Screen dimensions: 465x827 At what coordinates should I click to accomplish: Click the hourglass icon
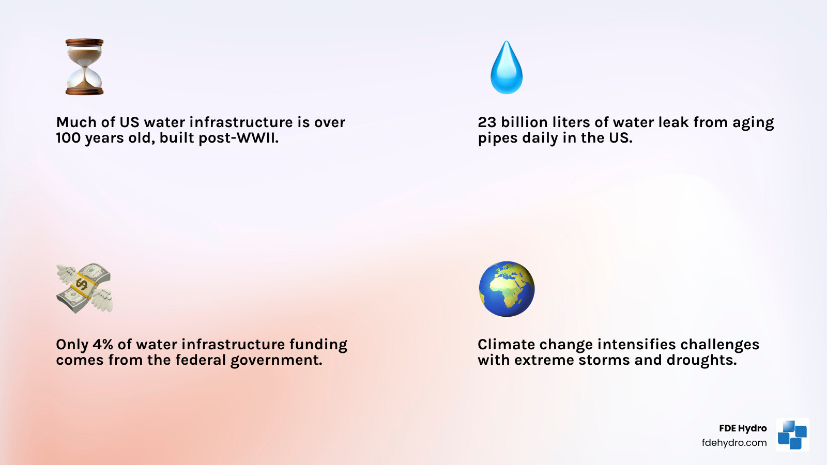[84, 67]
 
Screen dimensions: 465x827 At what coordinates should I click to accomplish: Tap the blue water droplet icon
[507, 68]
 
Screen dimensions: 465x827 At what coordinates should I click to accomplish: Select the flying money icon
[84, 288]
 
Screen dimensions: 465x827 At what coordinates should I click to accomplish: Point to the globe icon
[507, 289]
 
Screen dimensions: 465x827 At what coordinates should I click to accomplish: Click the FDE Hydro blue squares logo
[792, 435]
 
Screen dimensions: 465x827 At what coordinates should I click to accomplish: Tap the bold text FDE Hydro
[743, 428]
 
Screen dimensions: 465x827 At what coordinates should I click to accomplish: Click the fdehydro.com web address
[734, 443]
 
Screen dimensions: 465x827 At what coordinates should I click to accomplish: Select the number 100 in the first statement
[68, 138]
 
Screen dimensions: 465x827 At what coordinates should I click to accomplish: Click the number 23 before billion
[487, 122]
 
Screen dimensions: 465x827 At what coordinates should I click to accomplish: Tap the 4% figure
[103, 345]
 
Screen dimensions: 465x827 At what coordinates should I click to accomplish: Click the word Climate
[506, 345]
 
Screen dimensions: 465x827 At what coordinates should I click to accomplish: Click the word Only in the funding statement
[72, 345]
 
